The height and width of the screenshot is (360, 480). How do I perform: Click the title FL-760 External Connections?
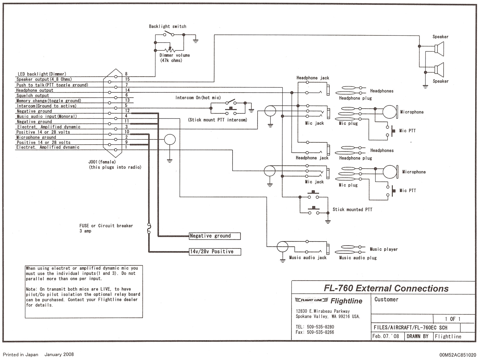click(x=386, y=288)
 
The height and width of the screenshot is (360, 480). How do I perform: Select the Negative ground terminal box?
click(x=215, y=236)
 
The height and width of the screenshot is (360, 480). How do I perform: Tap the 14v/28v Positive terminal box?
click(x=215, y=252)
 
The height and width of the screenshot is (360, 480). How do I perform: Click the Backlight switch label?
click(x=167, y=26)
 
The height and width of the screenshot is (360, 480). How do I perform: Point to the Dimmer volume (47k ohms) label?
click(x=174, y=58)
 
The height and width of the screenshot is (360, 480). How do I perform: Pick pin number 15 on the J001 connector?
click(x=127, y=79)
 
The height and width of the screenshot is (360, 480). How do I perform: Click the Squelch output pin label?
click(x=33, y=96)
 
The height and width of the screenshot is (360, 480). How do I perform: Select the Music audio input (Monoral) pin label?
click(x=47, y=116)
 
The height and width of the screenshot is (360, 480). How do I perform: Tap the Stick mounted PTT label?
click(x=352, y=210)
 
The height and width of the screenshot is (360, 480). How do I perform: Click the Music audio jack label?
click(x=308, y=258)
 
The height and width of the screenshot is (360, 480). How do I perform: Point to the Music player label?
click(x=384, y=249)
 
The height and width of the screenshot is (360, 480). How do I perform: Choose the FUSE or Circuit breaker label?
click(x=106, y=226)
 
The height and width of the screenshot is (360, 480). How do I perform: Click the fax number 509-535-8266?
click(x=320, y=332)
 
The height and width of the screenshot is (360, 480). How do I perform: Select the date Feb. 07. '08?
click(x=386, y=337)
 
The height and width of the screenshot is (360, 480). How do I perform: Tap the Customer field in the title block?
click(x=386, y=300)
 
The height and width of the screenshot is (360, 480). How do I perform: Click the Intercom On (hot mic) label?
click(x=198, y=98)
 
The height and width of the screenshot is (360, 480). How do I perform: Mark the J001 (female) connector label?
click(x=102, y=162)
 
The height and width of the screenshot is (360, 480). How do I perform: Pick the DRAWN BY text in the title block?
click(x=418, y=337)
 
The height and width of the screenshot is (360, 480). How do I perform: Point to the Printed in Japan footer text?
click(x=20, y=355)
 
